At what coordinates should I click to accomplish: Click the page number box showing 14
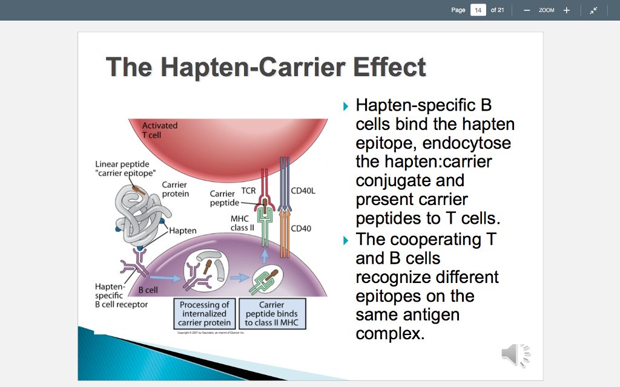pyautogui.click(x=478, y=10)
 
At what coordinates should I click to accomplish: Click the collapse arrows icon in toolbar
pyautogui.click(x=594, y=10)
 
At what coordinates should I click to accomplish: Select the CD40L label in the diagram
pyautogui.click(x=303, y=190)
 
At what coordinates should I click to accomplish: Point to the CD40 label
pyautogui.click(x=301, y=229)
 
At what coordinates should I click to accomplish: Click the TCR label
pyautogui.click(x=248, y=190)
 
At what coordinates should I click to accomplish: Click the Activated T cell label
pyautogui.click(x=159, y=130)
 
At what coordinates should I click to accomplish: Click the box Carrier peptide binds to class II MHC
pyautogui.click(x=272, y=314)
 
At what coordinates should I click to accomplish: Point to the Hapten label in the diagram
pyautogui.click(x=183, y=231)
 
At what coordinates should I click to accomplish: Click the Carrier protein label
pyautogui.click(x=175, y=189)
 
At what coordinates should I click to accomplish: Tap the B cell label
pyautogui.click(x=148, y=290)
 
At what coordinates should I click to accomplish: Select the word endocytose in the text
pyautogui.click(x=467, y=143)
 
